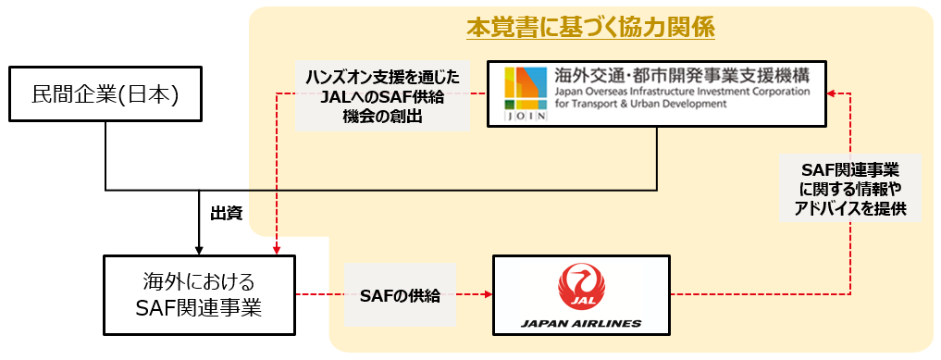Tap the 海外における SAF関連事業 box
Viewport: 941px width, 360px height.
198,295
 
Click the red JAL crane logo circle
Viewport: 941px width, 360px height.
579,286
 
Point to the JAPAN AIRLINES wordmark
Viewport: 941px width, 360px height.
579,324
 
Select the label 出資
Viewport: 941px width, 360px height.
227,215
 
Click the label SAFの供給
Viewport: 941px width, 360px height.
400,297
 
